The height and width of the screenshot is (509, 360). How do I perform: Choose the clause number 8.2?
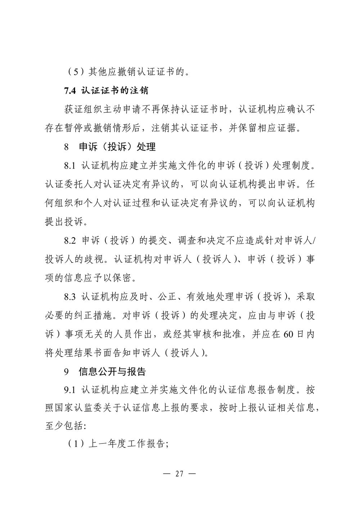70,240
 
